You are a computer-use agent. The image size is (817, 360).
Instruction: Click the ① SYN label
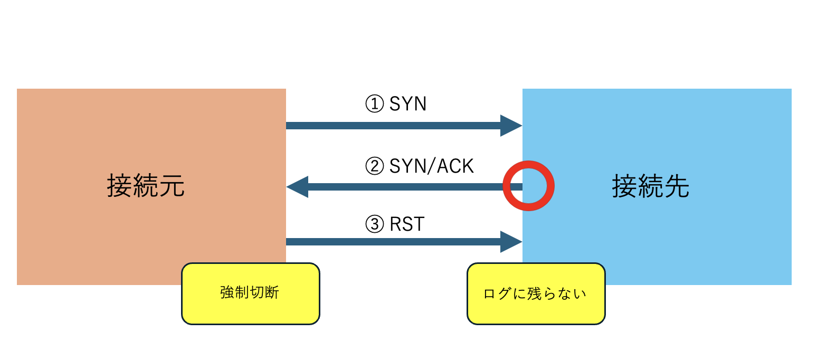click(396, 104)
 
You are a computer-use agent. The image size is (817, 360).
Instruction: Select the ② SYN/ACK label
click(420, 166)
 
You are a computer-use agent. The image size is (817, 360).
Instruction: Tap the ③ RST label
click(395, 224)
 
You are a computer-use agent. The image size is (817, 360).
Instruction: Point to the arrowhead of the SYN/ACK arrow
click(297, 187)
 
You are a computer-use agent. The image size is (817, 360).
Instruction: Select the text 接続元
click(146, 186)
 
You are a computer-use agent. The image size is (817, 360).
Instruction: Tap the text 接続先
click(651, 186)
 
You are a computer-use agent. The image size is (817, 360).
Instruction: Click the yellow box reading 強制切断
click(251, 293)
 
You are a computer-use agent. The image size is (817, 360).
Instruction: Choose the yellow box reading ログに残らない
click(536, 293)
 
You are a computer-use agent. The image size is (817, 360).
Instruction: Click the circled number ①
click(374, 105)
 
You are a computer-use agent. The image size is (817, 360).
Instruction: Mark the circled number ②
click(374, 167)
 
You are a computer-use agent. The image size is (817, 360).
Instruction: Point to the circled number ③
click(374, 225)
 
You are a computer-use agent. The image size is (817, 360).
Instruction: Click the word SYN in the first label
click(408, 104)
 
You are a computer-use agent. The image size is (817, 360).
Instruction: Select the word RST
click(407, 224)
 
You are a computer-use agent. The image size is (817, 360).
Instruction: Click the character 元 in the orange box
click(172, 186)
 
